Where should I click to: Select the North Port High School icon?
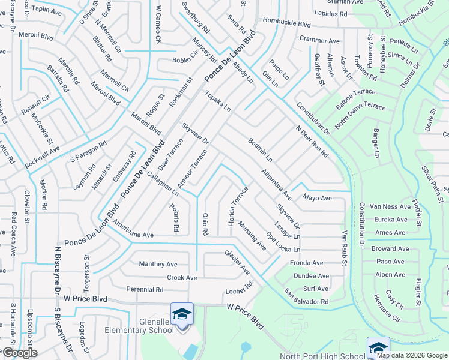(378, 347)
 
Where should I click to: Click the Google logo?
(19, 353)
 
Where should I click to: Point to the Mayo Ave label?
(317, 197)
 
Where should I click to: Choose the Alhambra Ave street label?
(276, 185)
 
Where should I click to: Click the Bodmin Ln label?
(261, 151)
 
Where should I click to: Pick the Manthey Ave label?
(158, 264)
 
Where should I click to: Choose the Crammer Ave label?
(320, 41)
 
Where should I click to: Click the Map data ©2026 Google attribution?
(412, 355)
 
